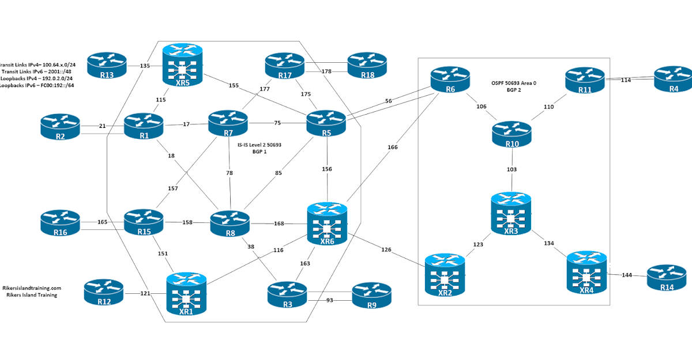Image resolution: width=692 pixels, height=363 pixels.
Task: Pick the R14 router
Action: click(x=666, y=279)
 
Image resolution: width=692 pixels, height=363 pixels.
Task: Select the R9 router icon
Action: click(x=371, y=296)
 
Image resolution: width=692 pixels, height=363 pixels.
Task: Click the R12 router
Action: click(x=103, y=293)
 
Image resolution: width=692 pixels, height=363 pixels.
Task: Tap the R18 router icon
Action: click(x=367, y=66)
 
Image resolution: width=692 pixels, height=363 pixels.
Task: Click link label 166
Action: click(x=393, y=148)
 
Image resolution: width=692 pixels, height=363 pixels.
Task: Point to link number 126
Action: click(x=386, y=249)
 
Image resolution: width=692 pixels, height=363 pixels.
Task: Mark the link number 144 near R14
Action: click(x=627, y=275)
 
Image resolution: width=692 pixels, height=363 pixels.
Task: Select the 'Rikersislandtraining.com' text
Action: click(x=32, y=288)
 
